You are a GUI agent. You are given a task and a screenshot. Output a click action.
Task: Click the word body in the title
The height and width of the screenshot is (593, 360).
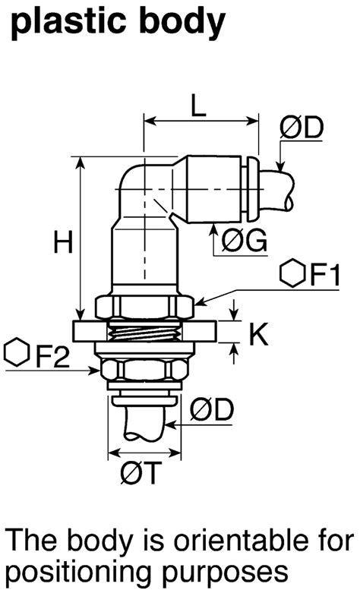pyautogui.click(x=185, y=23)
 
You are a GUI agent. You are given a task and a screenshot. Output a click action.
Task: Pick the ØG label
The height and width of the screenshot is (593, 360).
pyautogui.click(x=243, y=241)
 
